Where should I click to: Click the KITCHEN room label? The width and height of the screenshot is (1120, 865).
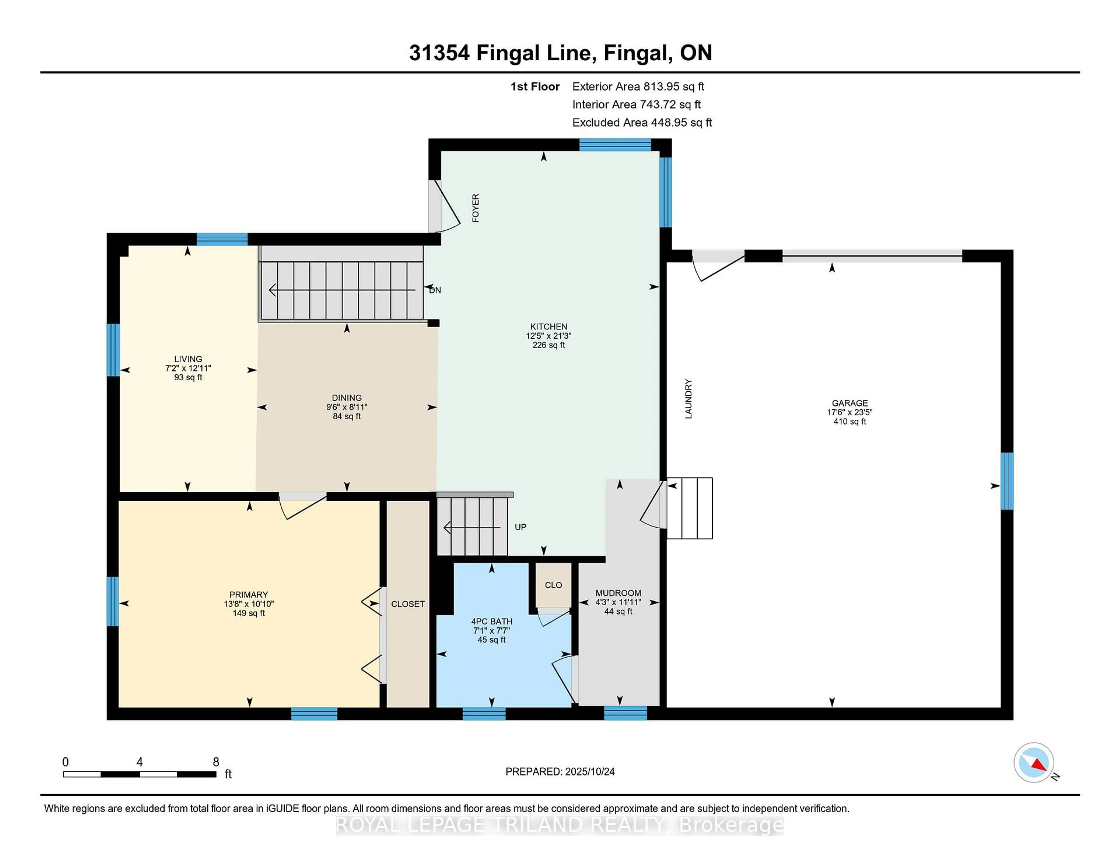[x=548, y=326]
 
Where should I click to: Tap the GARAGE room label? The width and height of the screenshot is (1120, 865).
[x=850, y=403]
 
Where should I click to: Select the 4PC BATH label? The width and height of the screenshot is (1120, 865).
[x=492, y=622]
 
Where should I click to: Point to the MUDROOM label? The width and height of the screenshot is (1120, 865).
[x=618, y=593]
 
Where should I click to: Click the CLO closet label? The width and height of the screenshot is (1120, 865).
[x=553, y=585]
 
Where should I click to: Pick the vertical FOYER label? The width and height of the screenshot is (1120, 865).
[x=475, y=208]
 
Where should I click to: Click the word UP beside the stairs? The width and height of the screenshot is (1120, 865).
[x=521, y=527]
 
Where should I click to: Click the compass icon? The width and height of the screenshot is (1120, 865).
[x=1034, y=762]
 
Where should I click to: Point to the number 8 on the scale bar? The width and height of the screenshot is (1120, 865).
[x=216, y=762]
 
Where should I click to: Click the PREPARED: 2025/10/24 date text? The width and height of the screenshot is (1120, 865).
[x=560, y=772]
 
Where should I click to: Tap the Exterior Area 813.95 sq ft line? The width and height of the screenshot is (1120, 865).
[x=638, y=87]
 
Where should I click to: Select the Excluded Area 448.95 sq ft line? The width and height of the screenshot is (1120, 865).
[x=642, y=122]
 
